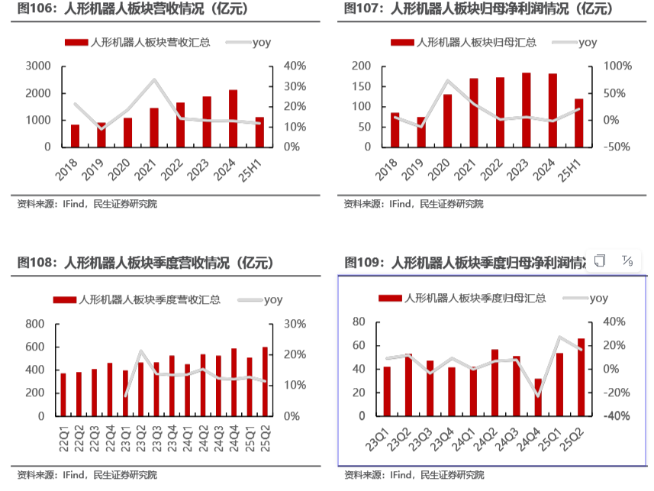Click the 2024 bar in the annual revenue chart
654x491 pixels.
pyautogui.click(x=233, y=118)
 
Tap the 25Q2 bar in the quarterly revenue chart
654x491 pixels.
pyautogui.click(x=266, y=382)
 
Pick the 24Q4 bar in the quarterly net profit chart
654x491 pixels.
pyautogui.click(x=539, y=398)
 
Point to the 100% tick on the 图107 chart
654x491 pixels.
pyautogui.click(x=617, y=66)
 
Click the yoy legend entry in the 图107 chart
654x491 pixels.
pyautogui.click(x=577, y=43)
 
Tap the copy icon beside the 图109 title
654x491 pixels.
pyautogui.click(x=600, y=261)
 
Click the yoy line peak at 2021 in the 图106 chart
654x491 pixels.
pyautogui.click(x=154, y=80)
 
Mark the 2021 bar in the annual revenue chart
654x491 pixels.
pyautogui.click(x=154, y=128)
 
